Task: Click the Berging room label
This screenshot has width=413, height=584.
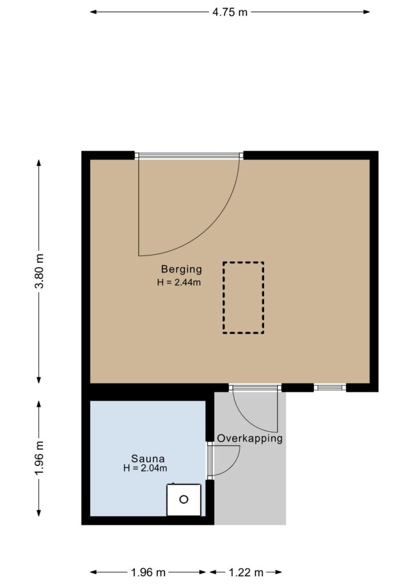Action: tap(181, 269)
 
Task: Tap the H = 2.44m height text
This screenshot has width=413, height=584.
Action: tap(179, 282)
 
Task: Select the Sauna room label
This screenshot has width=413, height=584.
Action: tap(148, 459)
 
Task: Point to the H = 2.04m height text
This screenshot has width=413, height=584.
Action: tap(145, 468)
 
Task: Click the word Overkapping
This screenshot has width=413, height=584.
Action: tap(249, 439)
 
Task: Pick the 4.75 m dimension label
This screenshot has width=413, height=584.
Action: tap(230, 13)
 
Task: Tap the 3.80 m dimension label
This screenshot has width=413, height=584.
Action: tap(39, 271)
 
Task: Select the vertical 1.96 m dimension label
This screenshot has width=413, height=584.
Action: tap(39, 458)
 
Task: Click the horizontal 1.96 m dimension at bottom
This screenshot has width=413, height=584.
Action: tap(148, 572)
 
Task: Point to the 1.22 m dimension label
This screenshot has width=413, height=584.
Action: tap(246, 572)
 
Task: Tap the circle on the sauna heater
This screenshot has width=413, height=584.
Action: tap(184, 500)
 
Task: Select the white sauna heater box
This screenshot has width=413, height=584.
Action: tap(184, 500)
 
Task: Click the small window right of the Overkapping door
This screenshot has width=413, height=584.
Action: tap(330, 388)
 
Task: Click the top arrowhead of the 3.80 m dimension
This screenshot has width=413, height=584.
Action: tap(39, 163)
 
